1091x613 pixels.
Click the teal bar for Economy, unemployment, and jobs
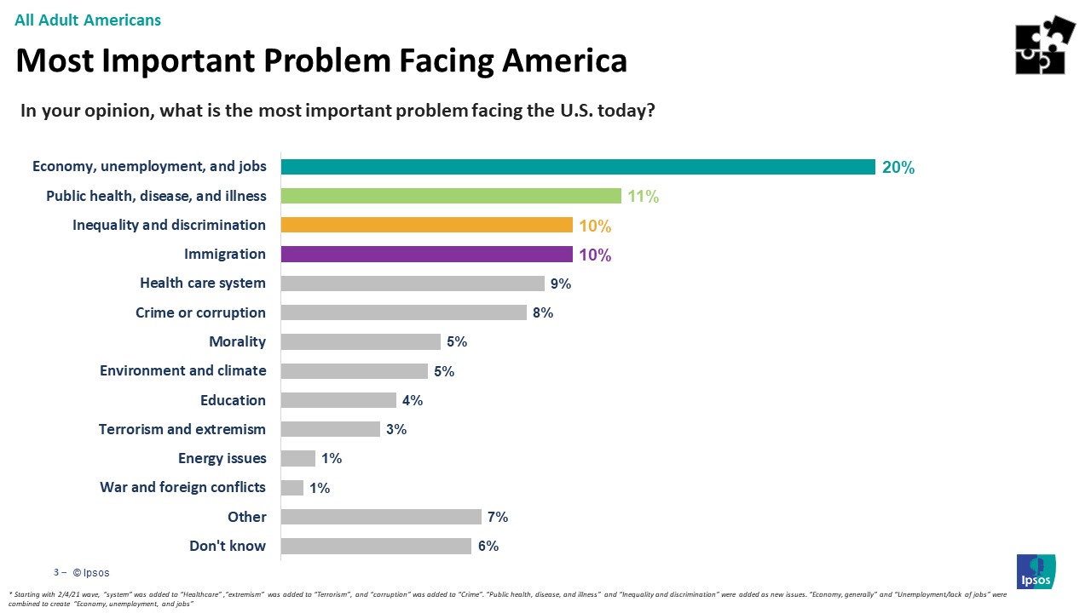(x=578, y=167)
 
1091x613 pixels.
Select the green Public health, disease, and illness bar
(x=451, y=196)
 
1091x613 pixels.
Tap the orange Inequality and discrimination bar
(x=426, y=225)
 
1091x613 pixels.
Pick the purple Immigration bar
(x=426, y=254)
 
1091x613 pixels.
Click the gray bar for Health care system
(x=413, y=284)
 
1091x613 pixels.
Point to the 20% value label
(x=898, y=168)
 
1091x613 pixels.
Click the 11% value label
(x=644, y=197)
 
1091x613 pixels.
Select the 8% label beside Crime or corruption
(x=543, y=312)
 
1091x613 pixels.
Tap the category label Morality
(x=237, y=341)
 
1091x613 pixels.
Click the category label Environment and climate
(x=182, y=370)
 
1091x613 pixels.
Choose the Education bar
(x=338, y=400)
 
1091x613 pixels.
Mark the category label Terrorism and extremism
(x=182, y=429)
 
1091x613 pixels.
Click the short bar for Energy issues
(x=297, y=458)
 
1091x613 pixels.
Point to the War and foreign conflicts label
(x=182, y=487)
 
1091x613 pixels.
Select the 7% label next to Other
(x=498, y=517)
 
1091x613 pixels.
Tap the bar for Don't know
(x=376, y=546)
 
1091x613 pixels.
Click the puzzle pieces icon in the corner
(x=1045, y=45)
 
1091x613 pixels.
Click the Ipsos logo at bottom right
(x=1036, y=570)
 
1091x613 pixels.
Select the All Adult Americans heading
(x=88, y=20)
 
